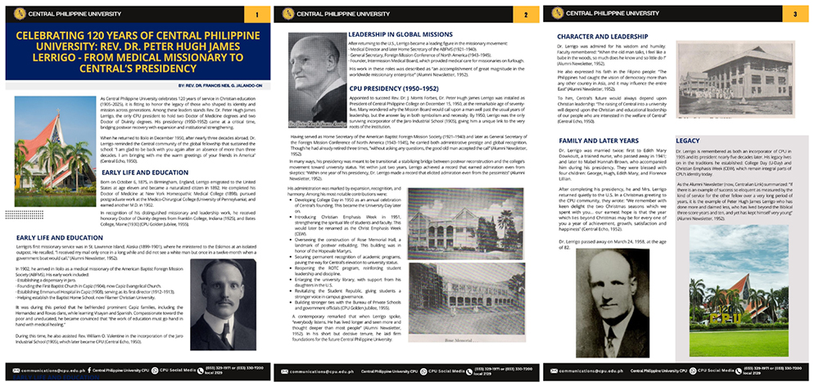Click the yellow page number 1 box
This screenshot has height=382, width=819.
click(257, 15)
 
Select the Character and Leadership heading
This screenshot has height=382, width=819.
click(599, 37)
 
